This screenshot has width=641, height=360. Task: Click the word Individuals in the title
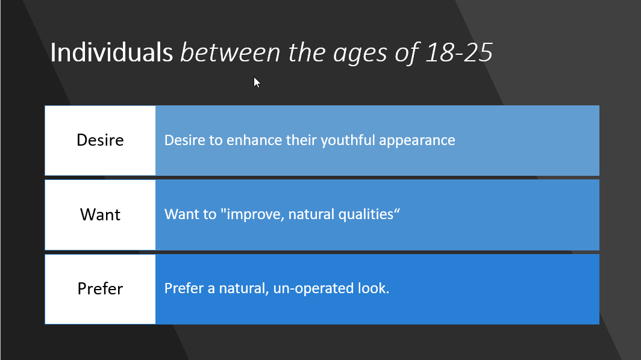click(111, 52)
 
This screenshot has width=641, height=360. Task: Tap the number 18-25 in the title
click(458, 52)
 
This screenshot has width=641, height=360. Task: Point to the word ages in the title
click(360, 54)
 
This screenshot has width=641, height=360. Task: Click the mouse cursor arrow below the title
click(257, 82)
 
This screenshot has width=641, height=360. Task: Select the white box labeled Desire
click(100, 140)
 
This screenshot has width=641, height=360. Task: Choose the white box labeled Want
click(100, 215)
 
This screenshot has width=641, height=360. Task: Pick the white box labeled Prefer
click(100, 290)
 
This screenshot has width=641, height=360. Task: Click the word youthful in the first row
click(348, 140)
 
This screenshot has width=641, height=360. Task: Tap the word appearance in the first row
click(417, 141)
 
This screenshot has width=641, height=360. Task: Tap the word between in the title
click(231, 52)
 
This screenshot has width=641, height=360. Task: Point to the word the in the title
click(307, 52)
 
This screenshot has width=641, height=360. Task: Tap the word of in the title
click(406, 53)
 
